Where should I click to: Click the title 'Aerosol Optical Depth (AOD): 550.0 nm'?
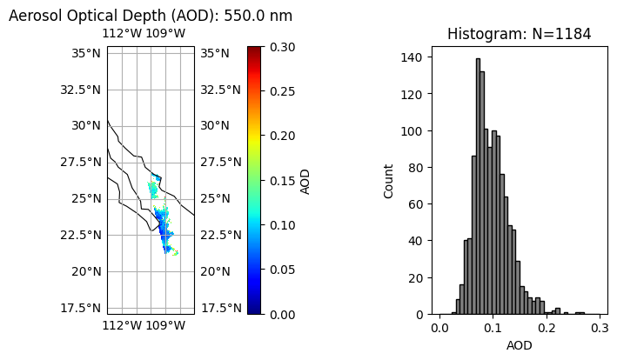pyautogui.click(x=151, y=16)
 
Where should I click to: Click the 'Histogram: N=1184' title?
pyautogui.click(x=519, y=34)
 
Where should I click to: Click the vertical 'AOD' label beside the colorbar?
pyautogui.click(x=305, y=181)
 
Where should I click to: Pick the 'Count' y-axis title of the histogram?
pyautogui.click(x=389, y=181)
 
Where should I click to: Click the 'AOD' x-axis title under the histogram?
pyautogui.click(x=519, y=345)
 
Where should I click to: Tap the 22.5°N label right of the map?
pyautogui.click(x=220, y=235)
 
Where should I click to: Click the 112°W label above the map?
pyautogui.click(x=122, y=34)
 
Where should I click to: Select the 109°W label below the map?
pyautogui.click(x=165, y=326)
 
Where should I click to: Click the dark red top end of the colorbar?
pyautogui.click(x=253, y=50)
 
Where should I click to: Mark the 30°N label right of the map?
pyautogui.click(x=215, y=125)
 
